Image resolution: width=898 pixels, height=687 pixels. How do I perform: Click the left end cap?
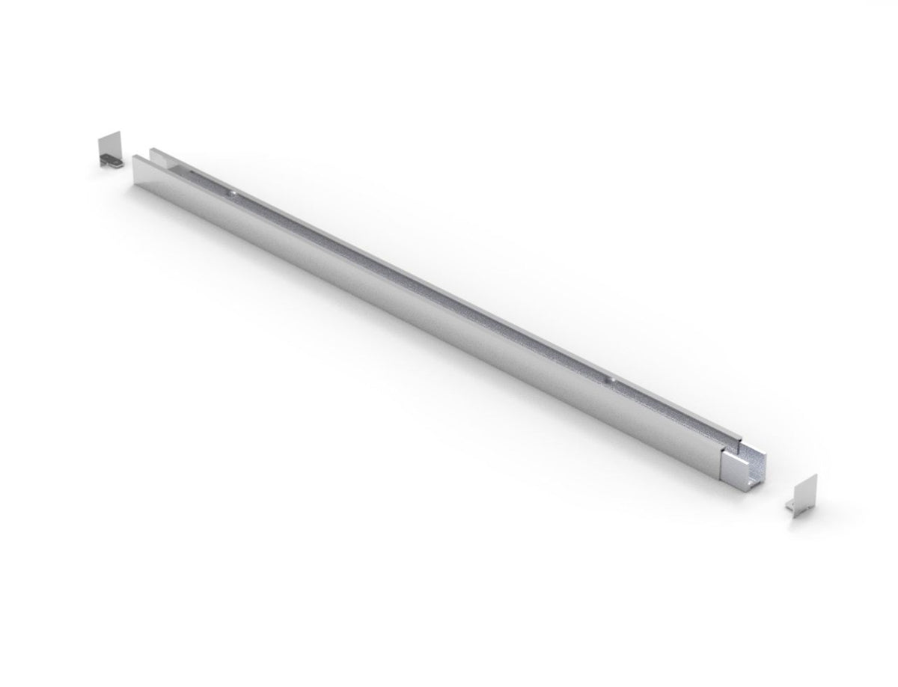(x=110, y=150)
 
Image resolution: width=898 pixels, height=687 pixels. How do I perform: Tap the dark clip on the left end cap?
(x=111, y=160)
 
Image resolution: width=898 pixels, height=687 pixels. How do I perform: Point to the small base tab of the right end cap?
(x=792, y=510)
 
